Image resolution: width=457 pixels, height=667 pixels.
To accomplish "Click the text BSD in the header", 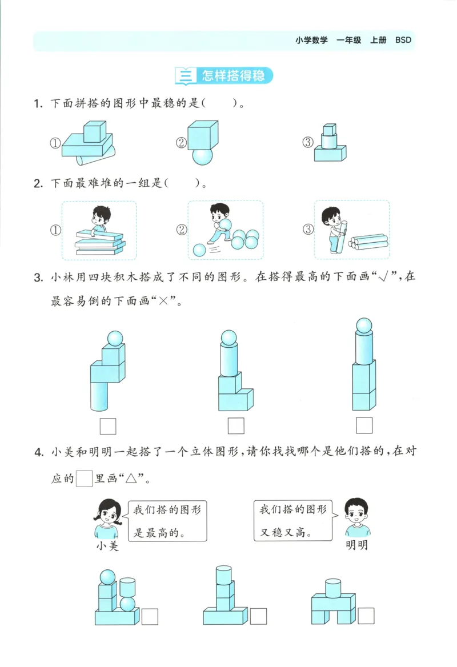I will coord(403,40).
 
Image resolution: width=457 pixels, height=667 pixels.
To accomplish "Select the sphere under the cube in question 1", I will coord(202,155).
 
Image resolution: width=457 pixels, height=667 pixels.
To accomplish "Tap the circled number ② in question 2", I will coord(182,230).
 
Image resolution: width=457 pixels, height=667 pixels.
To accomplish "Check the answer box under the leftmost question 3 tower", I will coord(107,426).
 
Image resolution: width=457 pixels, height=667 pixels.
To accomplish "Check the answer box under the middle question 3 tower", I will coord(236,426).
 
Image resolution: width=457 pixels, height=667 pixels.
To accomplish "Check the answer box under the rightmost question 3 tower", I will coord(364,425).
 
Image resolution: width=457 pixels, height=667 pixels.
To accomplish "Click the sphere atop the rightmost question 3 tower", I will coord(364,325).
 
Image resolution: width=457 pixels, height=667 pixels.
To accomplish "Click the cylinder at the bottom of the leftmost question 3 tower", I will coord(99,396).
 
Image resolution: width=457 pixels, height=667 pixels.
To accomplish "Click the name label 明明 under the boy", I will coord(357,545).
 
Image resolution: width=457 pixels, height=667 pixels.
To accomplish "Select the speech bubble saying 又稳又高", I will coord(292,521).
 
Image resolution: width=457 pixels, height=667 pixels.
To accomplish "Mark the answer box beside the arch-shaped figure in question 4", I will coord(366,616).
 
